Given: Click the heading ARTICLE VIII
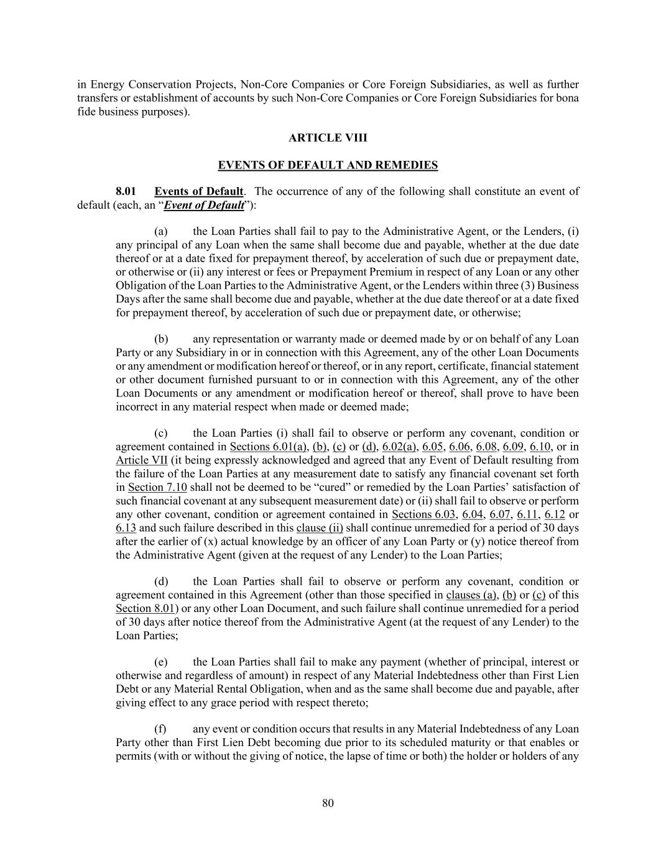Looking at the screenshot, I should coord(328,138).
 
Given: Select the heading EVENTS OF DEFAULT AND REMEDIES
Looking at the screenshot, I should coord(328,165).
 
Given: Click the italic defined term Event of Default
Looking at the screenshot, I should coord(203,205).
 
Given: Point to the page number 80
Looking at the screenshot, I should coord(328,803).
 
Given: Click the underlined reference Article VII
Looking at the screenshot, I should coord(141,460).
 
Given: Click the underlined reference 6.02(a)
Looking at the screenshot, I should coord(399,447).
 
